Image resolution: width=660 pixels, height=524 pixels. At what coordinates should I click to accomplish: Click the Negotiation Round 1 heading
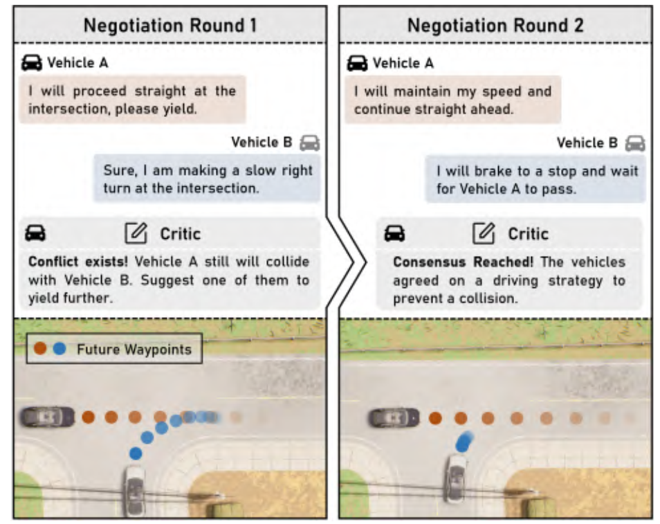[169, 26]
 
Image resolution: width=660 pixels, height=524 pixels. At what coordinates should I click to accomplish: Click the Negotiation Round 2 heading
[495, 26]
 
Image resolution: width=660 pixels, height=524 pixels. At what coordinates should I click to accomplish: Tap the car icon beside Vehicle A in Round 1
[32, 63]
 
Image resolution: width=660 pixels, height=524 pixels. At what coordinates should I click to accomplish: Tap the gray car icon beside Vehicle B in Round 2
[634, 143]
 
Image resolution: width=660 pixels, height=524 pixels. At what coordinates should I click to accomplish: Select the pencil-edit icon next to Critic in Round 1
[136, 233]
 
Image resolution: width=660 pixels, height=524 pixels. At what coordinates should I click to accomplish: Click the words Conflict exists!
[78, 262]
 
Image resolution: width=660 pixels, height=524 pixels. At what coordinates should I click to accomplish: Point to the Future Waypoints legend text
[134, 349]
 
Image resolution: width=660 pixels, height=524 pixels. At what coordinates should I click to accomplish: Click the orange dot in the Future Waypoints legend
[41, 349]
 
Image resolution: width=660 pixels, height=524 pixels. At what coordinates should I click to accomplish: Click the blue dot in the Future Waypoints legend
[59, 349]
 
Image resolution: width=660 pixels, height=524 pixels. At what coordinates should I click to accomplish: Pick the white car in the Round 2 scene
[456, 478]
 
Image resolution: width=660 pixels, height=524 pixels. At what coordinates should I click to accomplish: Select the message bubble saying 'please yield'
[132, 100]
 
